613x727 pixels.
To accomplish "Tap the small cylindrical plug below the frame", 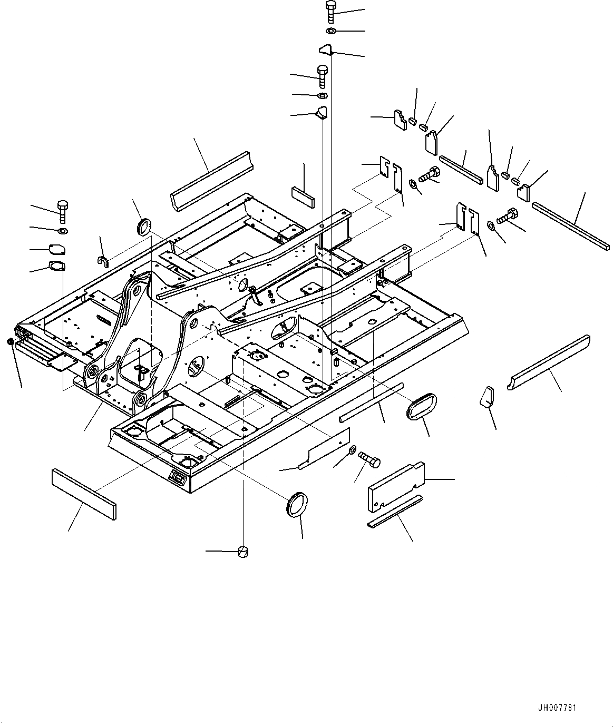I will [243, 551].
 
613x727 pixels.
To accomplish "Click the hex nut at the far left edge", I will [10, 342].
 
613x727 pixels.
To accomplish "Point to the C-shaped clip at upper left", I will [103, 260].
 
